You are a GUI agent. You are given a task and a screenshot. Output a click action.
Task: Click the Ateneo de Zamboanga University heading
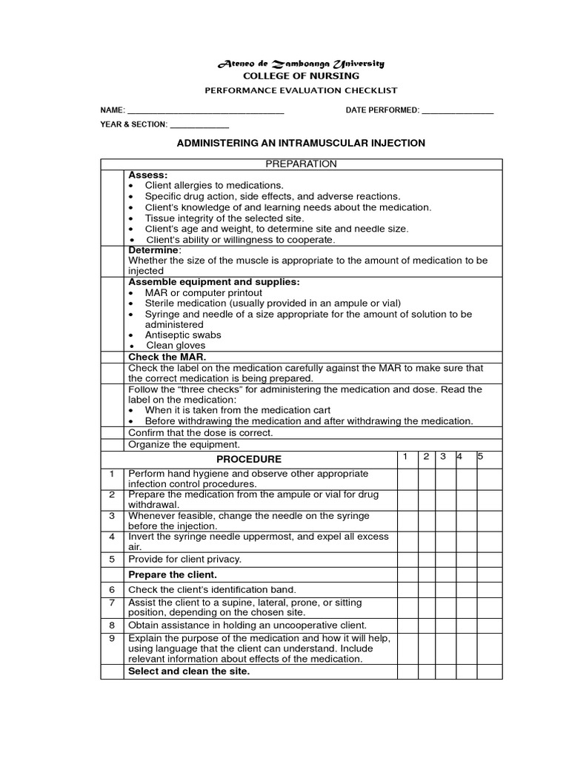tap(301, 64)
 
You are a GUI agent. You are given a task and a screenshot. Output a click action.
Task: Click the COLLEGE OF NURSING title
tap(301, 76)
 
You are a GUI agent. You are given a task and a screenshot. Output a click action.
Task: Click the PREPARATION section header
tap(301, 164)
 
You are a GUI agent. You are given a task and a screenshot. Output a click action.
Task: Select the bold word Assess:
tap(148, 175)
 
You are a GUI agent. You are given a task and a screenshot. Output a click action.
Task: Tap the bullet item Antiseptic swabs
tap(183, 335)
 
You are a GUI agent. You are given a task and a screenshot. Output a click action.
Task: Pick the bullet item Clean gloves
tap(176, 345)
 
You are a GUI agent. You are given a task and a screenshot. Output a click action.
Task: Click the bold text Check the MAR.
tap(166, 357)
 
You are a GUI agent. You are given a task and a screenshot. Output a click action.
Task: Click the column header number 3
tap(442, 456)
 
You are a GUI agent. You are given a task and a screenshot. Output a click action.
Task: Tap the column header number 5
tap(480, 456)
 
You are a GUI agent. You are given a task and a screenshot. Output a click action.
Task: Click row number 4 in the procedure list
tap(111, 536)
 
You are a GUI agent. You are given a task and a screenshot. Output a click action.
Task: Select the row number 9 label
tap(111, 638)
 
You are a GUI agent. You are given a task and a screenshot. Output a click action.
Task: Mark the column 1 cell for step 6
tap(407, 590)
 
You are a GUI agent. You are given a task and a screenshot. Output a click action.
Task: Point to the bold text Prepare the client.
tap(173, 574)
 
